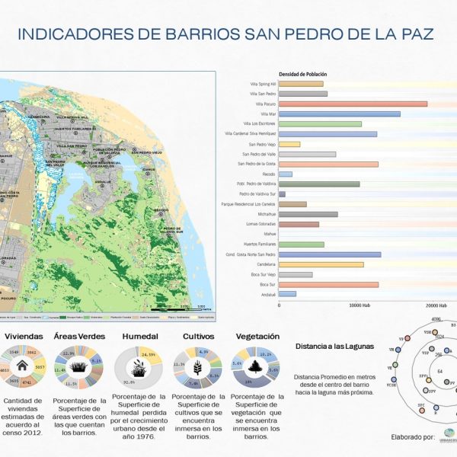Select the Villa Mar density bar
point(339,113)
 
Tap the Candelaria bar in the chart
point(321,264)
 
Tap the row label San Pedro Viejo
point(262,144)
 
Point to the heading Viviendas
point(24,336)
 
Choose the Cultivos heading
point(197,336)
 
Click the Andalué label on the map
point(103,183)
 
